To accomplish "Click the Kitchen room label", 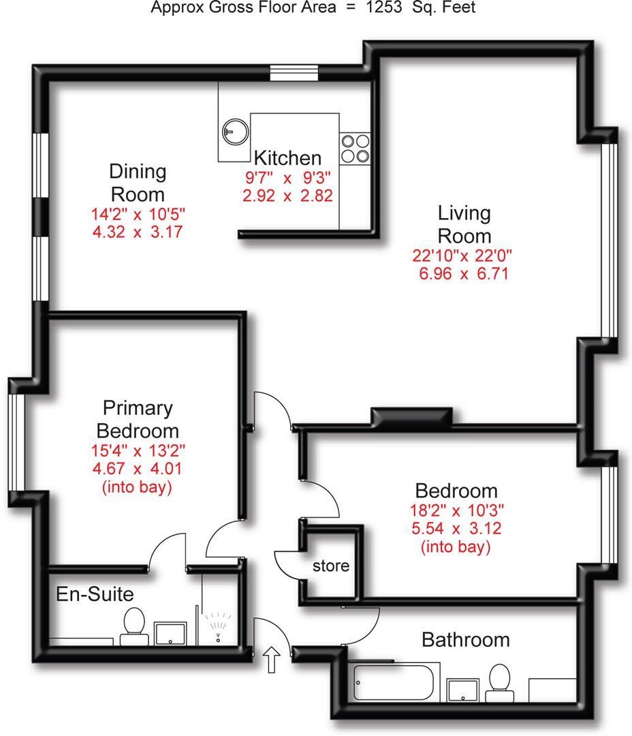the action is click(287, 158).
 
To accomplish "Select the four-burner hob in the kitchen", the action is click(355, 149).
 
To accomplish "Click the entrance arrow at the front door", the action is click(271, 659).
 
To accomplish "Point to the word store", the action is click(331, 566).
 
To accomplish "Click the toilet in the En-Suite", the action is click(134, 626).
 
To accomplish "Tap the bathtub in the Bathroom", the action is click(393, 682).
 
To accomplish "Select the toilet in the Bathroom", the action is click(499, 682).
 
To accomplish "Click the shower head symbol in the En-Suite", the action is click(218, 626).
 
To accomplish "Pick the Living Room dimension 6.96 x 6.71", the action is click(464, 273).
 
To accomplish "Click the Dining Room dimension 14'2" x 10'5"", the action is click(138, 214).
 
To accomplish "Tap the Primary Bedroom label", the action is click(138, 419).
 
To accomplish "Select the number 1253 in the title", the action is click(384, 7).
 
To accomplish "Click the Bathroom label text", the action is click(465, 640).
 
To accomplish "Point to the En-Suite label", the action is click(95, 594).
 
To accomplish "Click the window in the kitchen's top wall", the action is click(294, 73).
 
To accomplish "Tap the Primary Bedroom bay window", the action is click(17, 442).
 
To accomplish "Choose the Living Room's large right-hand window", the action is click(609, 241).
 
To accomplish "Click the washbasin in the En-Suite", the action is click(170, 634).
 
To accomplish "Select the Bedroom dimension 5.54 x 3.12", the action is click(456, 529).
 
